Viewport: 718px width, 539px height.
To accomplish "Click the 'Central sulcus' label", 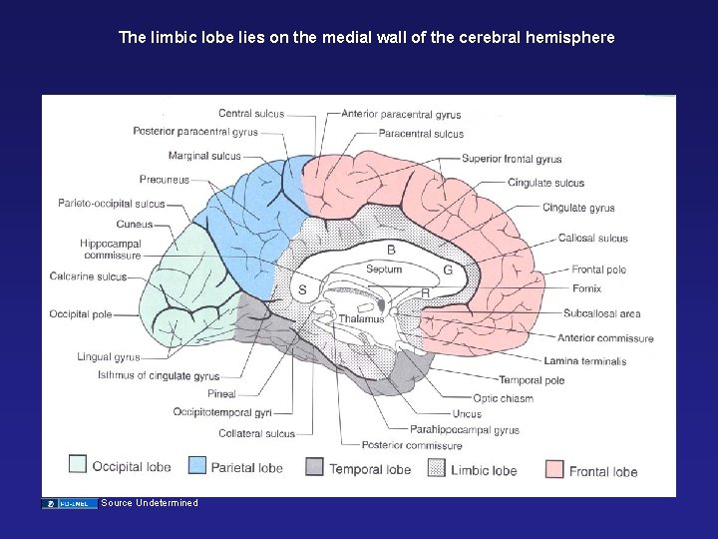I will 250,114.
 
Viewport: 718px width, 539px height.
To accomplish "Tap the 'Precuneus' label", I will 164,181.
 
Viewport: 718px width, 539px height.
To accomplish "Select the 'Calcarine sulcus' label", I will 88,276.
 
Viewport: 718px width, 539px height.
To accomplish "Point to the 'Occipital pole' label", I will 81,314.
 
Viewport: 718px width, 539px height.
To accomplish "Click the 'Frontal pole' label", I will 598,269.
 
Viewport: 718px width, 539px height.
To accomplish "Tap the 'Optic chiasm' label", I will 503,398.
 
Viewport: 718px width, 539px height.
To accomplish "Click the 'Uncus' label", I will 467,414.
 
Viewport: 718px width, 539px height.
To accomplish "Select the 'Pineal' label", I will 221,394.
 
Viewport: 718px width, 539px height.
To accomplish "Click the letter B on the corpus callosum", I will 391,249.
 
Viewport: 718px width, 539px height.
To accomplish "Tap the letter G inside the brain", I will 448,269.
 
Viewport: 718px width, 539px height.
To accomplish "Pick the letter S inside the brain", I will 302,289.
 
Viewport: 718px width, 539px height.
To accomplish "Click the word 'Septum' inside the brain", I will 384,269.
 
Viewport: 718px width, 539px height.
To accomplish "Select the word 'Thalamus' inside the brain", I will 360,319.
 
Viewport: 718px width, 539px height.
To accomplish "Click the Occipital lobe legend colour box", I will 78,464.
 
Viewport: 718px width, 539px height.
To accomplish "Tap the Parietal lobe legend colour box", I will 197,464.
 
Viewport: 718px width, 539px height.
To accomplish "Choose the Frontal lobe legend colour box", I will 554,469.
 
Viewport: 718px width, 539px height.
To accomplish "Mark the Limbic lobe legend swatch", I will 436,466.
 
